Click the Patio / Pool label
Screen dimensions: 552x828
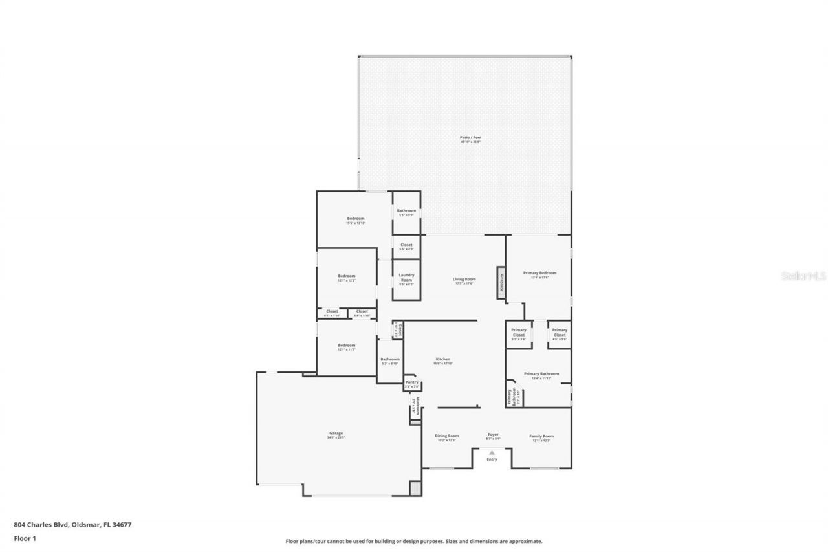(x=470, y=138)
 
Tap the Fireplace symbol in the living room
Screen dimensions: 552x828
(x=501, y=283)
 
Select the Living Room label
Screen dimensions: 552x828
(x=464, y=280)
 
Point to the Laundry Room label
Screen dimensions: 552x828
(x=406, y=278)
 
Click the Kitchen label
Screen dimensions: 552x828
(x=442, y=360)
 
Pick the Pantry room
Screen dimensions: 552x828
(x=411, y=383)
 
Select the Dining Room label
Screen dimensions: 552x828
(x=446, y=436)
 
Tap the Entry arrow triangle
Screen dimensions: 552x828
(x=492, y=452)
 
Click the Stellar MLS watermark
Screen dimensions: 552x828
(x=803, y=276)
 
